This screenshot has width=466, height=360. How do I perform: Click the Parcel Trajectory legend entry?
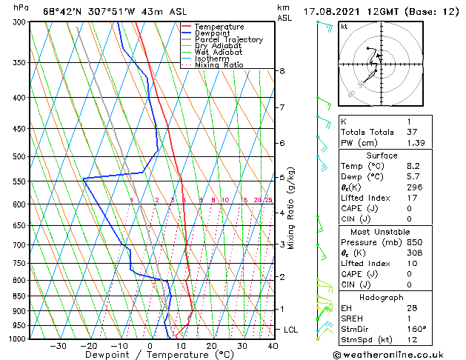click(228, 39)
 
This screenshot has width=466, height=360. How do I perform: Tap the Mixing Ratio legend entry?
click(219, 65)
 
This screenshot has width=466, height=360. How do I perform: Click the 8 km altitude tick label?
click(282, 71)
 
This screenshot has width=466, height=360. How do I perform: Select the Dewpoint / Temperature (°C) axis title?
click(150, 355)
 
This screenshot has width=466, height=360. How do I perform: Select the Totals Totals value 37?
click(411, 131)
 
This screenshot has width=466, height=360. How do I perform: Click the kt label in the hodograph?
click(344, 26)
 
